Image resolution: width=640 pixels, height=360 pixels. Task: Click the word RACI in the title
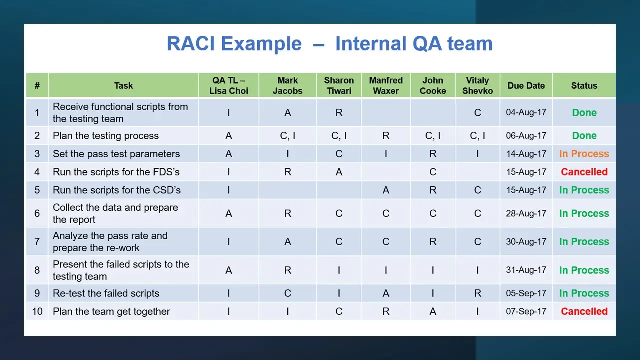[191, 44]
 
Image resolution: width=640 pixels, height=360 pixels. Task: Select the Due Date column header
[526, 85]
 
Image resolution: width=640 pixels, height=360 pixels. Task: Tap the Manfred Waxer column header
[386, 85]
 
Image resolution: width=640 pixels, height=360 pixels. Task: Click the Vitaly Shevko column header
[477, 85]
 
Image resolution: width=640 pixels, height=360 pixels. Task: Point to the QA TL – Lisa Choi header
[229, 85]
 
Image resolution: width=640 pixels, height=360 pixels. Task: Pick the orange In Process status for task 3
[584, 154]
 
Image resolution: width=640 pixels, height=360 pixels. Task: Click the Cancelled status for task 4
[584, 172]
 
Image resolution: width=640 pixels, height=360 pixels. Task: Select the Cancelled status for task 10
[584, 311]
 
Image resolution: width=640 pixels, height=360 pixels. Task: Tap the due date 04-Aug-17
[526, 112]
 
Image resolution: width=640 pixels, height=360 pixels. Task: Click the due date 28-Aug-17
[526, 213]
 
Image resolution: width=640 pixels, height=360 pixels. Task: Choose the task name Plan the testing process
[105, 135]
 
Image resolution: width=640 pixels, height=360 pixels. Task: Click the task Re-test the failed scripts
[106, 293]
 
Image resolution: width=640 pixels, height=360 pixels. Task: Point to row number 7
[37, 242]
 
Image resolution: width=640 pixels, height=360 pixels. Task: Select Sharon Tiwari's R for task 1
[339, 113]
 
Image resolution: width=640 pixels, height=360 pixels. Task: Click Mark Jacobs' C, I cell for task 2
[287, 136]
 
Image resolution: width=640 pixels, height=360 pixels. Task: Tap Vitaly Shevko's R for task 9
[477, 293]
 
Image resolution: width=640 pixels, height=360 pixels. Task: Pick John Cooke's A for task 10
[433, 311]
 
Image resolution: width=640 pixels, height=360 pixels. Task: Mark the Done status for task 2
[584, 135]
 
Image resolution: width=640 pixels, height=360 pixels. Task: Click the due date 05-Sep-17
[526, 293]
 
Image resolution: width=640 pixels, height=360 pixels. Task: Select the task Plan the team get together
[111, 311]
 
